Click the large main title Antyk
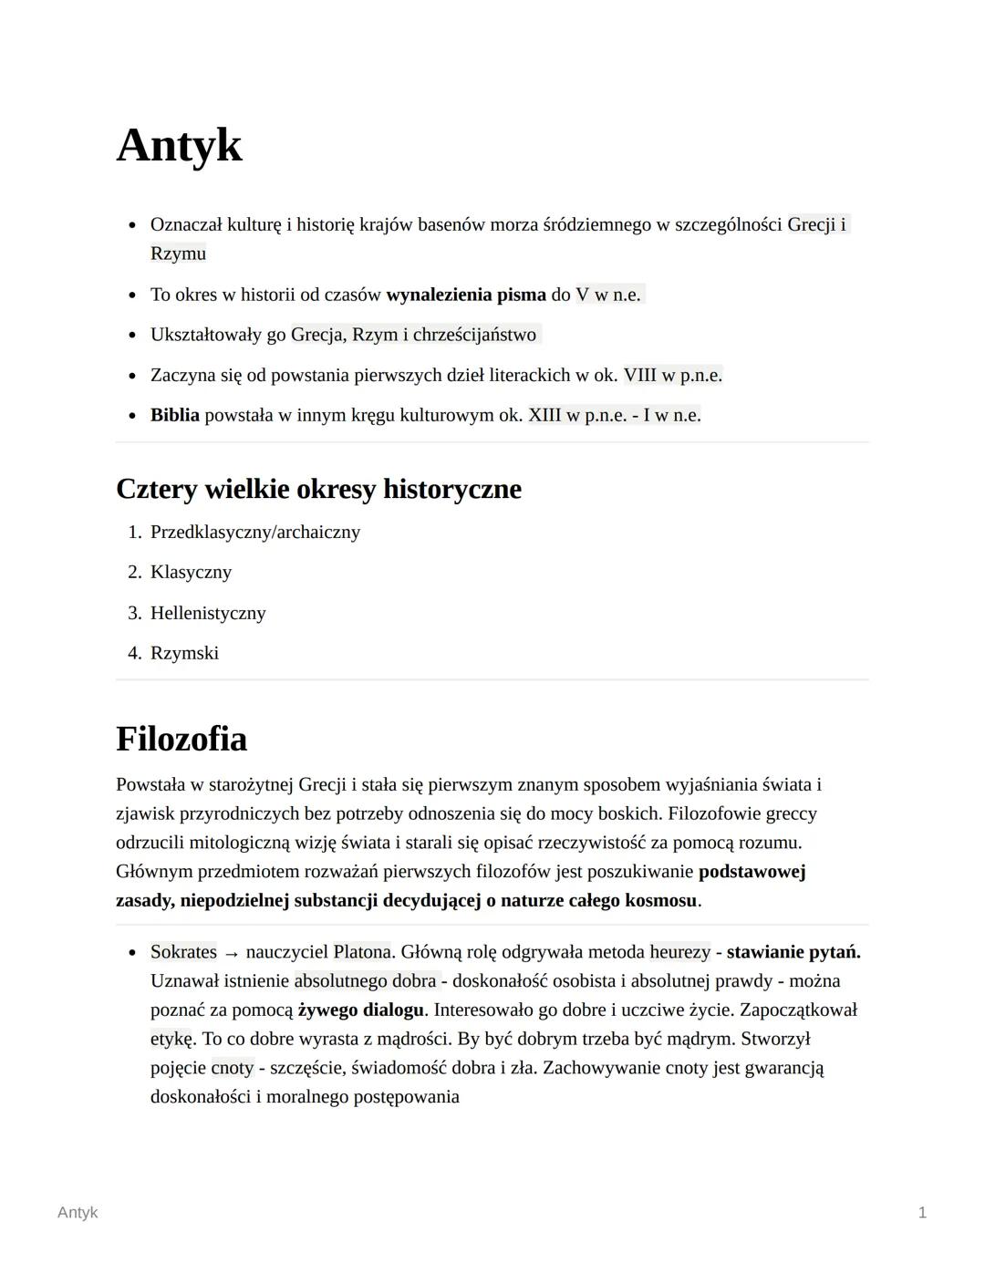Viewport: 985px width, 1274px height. pyautogui.click(x=180, y=146)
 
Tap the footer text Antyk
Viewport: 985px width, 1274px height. pyautogui.click(x=78, y=1212)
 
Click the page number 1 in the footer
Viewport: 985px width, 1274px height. pyautogui.click(x=922, y=1212)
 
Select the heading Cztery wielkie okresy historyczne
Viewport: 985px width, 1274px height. pyautogui.click(x=318, y=489)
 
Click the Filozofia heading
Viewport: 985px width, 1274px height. pyautogui.click(x=181, y=739)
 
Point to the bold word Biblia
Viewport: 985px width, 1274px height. pyautogui.click(x=174, y=415)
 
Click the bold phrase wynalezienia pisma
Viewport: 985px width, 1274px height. pyautogui.click(x=465, y=295)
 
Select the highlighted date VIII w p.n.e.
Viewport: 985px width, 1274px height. pyautogui.click(x=672, y=375)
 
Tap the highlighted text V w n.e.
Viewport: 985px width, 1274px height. pyautogui.click(x=608, y=295)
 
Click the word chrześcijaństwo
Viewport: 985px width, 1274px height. pyautogui.click(x=474, y=335)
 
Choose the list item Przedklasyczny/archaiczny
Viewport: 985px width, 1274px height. pyautogui.click(x=255, y=532)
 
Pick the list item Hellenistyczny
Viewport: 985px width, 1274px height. pyautogui.click(x=208, y=613)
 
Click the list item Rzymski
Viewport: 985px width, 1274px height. pyautogui.click(x=184, y=653)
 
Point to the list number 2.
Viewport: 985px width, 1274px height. pyautogui.click(x=134, y=572)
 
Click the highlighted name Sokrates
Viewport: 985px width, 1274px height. pyautogui.click(x=183, y=952)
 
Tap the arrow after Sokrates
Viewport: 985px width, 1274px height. pyautogui.click(x=232, y=953)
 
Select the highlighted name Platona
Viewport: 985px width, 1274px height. pyautogui.click(x=361, y=952)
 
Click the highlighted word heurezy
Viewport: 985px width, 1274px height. pyautogui.click(x=679, y=952)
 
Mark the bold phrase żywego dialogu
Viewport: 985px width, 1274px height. pyautogui.click(x=361, y=1010)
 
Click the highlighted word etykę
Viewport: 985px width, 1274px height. pyautogui.click(x=171, y=1039)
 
